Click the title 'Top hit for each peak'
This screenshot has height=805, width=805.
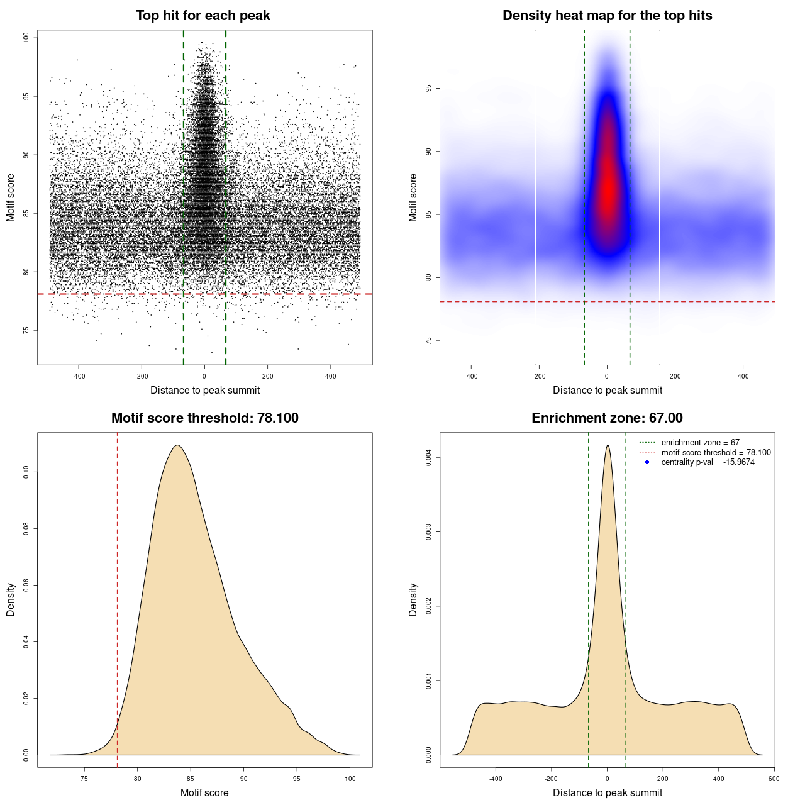203,16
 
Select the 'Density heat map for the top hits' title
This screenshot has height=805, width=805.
607,16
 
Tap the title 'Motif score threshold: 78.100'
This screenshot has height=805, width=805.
204,418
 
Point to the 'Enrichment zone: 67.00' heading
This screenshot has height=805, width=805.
607,418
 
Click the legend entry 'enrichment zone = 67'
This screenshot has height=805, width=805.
700,443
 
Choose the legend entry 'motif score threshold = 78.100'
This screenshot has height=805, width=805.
716,452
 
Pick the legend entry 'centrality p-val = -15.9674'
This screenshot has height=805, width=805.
708,462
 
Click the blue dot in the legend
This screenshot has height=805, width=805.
647,462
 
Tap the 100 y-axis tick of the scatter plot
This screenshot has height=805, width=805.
26,38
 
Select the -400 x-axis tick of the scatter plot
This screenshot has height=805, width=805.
79,376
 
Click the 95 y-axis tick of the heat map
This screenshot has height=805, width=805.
428,89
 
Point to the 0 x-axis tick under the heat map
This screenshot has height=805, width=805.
607,376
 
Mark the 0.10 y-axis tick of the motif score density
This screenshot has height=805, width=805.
26,472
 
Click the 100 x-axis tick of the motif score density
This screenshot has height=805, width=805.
350,779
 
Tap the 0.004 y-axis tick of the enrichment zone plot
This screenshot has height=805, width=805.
428,458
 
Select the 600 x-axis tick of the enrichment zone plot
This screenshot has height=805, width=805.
774,779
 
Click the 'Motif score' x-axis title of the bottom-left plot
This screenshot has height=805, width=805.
204,792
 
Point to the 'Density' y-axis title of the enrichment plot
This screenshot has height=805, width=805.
413,599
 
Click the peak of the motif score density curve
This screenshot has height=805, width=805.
177,445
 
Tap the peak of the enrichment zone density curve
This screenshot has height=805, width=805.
608,445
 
